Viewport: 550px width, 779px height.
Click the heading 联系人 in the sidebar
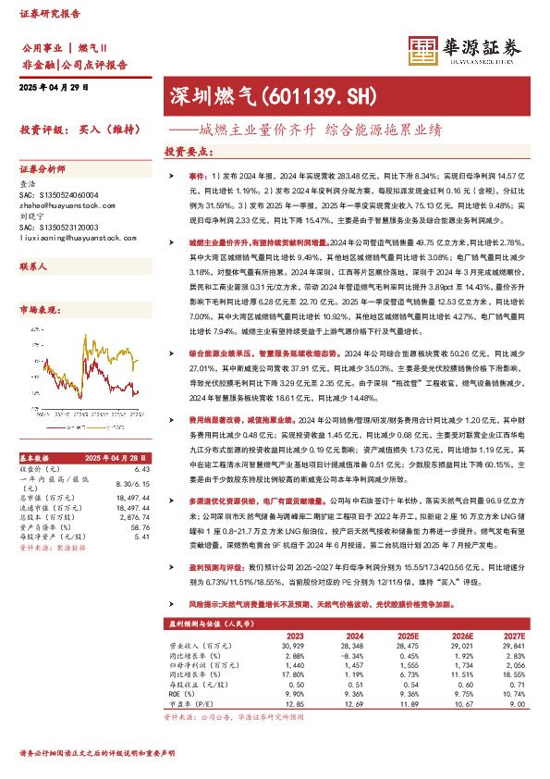click(x=35, y=266)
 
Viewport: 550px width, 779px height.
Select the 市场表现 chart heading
click(x=41, y=311)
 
